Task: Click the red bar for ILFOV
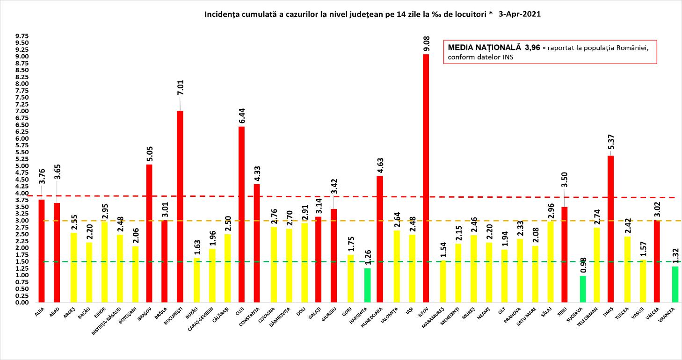point(426,178)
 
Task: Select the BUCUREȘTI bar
point(180,206)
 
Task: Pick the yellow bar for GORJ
point(351,278)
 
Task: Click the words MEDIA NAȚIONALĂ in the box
point(484,48)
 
